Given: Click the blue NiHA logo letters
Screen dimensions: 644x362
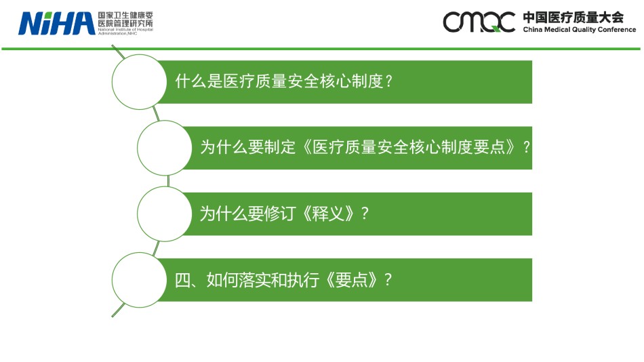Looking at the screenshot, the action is click(57, 24).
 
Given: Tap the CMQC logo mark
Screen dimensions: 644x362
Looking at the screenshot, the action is click(479, 22).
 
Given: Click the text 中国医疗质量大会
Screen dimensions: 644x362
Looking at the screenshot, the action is click(573, 18).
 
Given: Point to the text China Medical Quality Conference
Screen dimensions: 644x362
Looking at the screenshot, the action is click(579, 30).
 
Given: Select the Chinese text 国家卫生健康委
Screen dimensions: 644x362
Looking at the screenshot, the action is click(125, 15).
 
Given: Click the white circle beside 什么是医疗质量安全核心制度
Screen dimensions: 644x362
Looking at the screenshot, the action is click(139, 82).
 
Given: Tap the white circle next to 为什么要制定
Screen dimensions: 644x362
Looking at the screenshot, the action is click(164, 148).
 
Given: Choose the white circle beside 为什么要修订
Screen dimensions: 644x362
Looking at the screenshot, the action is click(164, 214).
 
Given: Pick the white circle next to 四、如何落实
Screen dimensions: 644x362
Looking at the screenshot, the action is click(139, 280).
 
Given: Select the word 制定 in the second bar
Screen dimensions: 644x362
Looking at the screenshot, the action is click(280, 147).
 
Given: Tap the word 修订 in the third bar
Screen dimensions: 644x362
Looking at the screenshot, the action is click(280, 214).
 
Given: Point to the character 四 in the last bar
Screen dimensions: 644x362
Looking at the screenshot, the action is click(182, 280).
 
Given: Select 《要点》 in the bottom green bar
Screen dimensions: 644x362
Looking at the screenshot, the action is click(352, 280).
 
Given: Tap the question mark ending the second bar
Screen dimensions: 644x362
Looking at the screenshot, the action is click(527, 147).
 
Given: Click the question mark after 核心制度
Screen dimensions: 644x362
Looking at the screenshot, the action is click(389, 81).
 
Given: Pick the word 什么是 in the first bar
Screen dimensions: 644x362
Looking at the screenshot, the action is click(199, 81).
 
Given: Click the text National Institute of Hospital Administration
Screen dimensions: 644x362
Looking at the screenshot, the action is click(125, 31).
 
